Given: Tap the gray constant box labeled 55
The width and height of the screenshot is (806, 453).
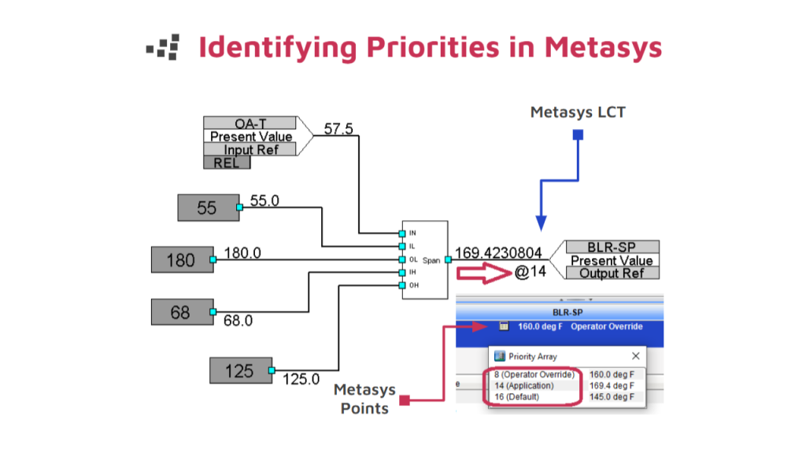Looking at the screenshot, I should pos(207,208).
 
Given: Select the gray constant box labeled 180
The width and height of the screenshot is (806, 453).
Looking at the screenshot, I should pos(181,260).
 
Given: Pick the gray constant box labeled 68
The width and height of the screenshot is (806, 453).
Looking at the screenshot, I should pos(181,312).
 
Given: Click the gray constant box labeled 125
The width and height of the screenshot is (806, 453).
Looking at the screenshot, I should pos(239,370).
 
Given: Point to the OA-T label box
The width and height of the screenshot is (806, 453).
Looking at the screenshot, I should pos(250,123).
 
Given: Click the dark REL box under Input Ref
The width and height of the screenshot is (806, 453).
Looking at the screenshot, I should pos(227,163).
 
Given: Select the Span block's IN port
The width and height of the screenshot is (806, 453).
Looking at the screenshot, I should pos(401,233).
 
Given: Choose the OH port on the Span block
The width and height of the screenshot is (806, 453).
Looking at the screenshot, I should pos(401,285).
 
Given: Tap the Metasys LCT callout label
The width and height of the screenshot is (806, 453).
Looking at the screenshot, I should pos(578,112).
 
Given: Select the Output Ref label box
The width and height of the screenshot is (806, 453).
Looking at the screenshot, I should pos(612,273).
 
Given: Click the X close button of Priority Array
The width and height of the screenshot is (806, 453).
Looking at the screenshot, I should pos(635,356).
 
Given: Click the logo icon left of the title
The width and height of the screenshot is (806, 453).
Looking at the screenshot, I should pos(163,47).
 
